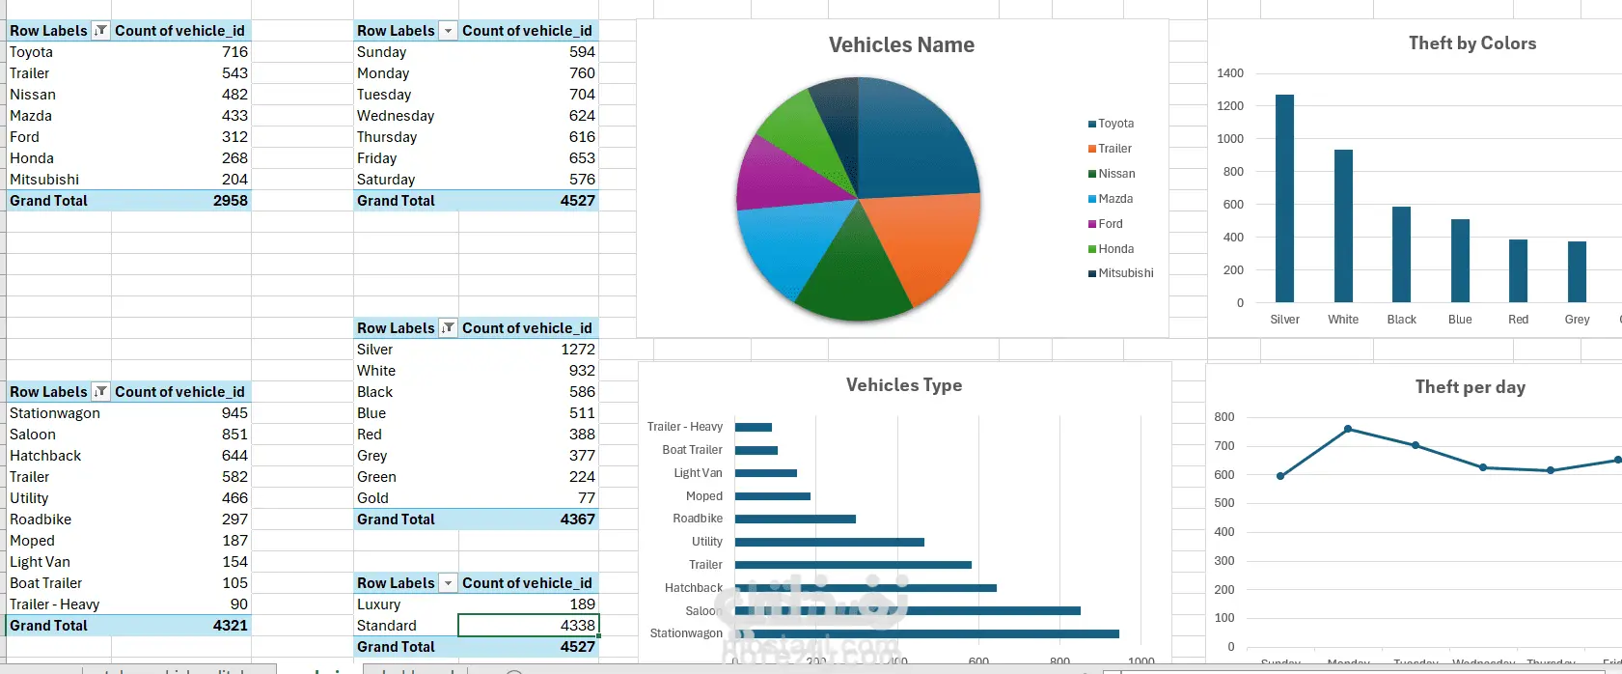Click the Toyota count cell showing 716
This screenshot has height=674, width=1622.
234,52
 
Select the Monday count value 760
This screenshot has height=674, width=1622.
582,73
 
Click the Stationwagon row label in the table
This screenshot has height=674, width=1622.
55,413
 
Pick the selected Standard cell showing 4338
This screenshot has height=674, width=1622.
529,626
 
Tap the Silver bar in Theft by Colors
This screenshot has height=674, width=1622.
1284,198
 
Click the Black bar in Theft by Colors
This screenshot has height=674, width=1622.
1401,254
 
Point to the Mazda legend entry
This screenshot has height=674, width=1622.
1114,199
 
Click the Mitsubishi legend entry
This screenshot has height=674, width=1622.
1125,273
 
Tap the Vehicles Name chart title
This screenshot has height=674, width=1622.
901,45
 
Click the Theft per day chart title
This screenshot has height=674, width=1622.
1470,387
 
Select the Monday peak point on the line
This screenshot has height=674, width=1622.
1348,429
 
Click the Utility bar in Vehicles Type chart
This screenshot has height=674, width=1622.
829,542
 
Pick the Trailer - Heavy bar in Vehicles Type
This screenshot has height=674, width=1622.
753,427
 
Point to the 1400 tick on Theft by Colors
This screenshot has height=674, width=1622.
1230,73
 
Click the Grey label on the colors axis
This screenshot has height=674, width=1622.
1577,320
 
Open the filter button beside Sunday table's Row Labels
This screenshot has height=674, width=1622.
448,31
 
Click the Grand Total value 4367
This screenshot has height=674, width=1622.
577,520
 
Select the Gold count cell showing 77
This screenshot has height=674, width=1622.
587,498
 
